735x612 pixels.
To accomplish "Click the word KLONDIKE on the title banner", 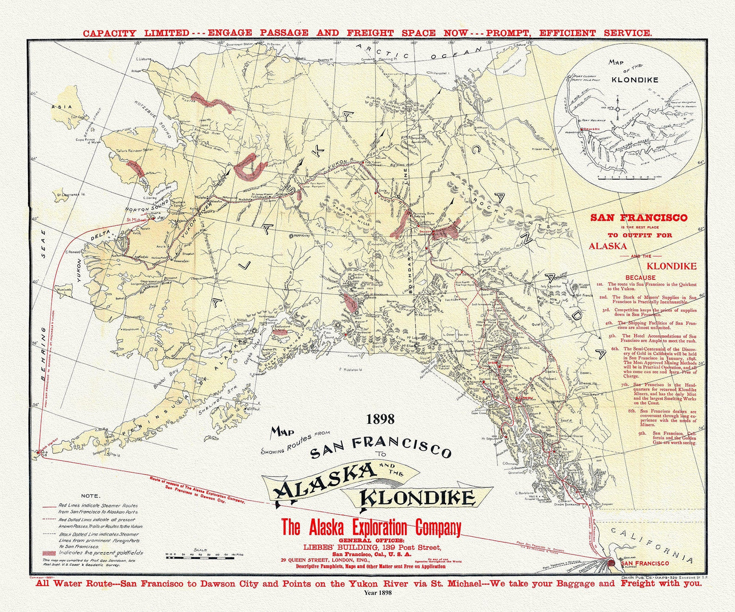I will click(x=418, y=498).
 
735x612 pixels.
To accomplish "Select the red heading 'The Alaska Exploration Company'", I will click(x=371, y=527).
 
